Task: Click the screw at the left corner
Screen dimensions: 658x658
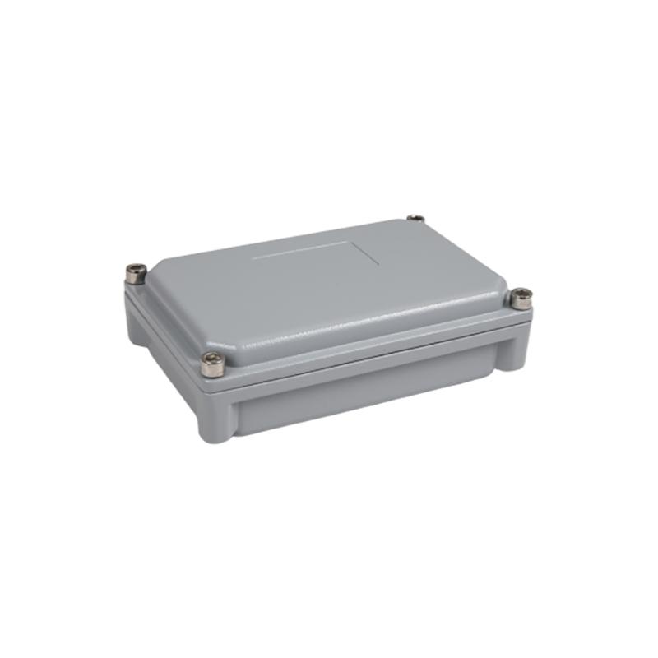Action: [x=136, y=273]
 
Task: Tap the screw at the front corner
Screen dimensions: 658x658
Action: [x=212, y=364]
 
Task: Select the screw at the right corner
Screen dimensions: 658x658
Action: [x=521, y=298]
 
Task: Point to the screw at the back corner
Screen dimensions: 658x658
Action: [x=416, y=219]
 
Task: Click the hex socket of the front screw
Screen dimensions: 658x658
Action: [x=212, y=359]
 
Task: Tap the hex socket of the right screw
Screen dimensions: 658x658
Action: [x=521, y=294]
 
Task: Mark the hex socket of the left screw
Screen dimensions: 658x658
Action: [x=136, y=269]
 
